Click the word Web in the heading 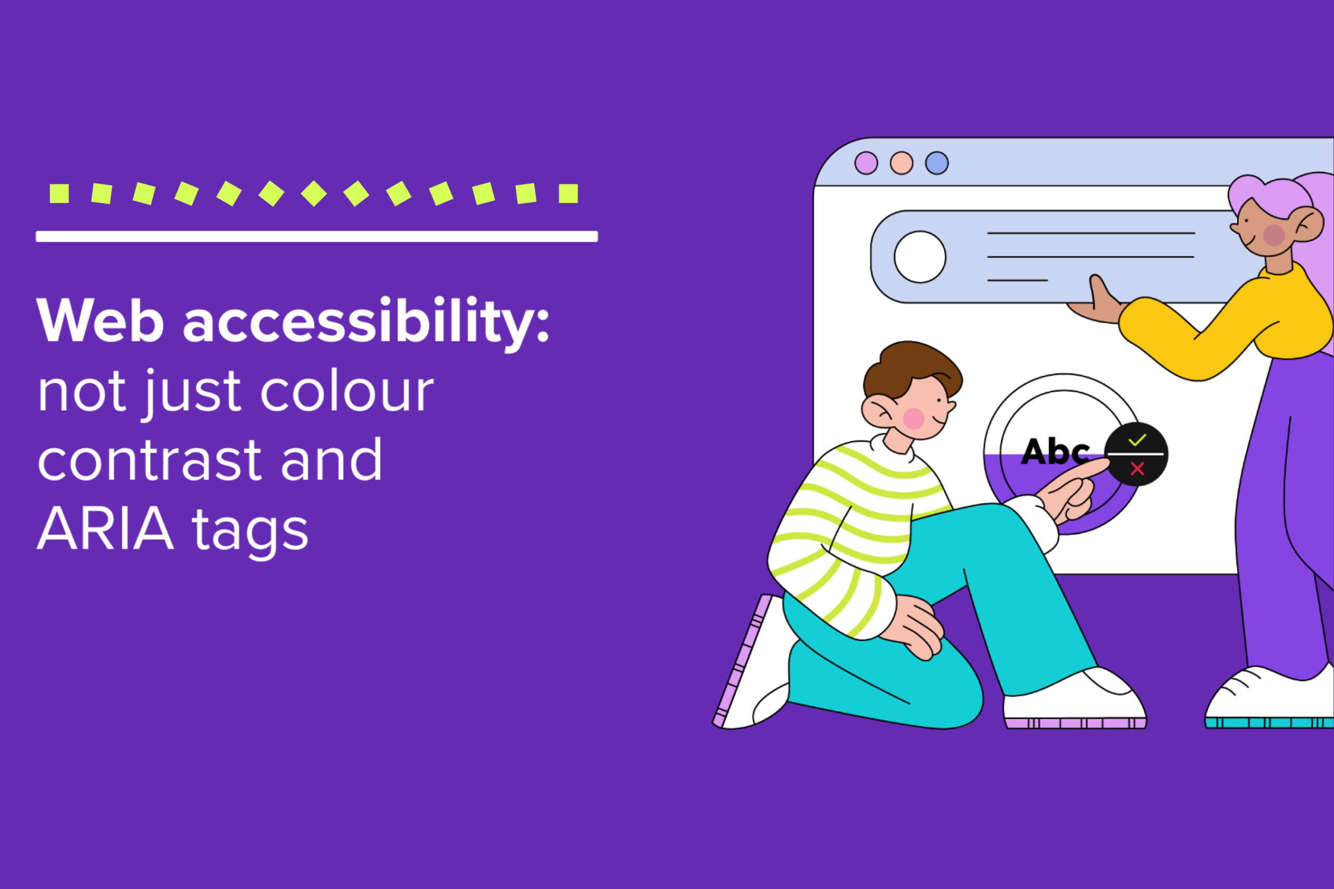point(101,321)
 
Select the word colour point(347,392)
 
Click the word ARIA point(105,529)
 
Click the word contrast point(150,460)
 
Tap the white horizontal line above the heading point(316,236)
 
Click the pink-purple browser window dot point(866,164)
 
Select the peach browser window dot point(901,164)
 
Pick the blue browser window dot point(937,164)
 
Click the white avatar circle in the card point(920,257)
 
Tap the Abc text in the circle point(1054,453)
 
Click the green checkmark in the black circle point(1137,441)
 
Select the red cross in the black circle point(1137,468)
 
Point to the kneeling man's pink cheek point(913,418)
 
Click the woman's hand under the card point(1097,303)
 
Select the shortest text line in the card point(1017,280)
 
